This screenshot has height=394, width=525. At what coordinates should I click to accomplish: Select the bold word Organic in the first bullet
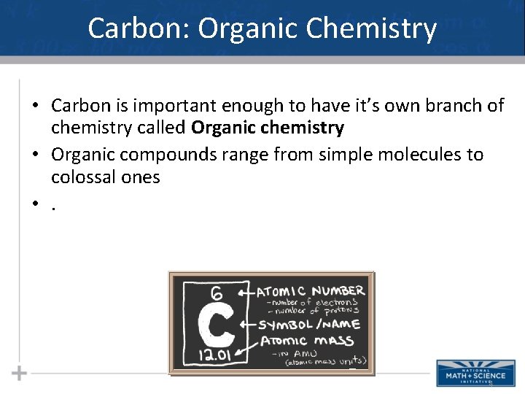(x=219, y=128)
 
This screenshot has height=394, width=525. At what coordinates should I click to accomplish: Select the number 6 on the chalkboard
(x=217, y=293)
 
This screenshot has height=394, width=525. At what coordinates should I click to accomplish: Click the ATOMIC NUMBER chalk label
(x=311, y=290)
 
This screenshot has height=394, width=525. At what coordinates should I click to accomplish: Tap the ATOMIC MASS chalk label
(x=306, y=341)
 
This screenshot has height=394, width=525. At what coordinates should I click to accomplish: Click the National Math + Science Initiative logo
(x=466, y=373)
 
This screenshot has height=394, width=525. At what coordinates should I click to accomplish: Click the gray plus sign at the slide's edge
(x=20, y=373)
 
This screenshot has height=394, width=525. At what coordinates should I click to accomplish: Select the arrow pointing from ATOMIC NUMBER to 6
(x=243, y=293)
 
